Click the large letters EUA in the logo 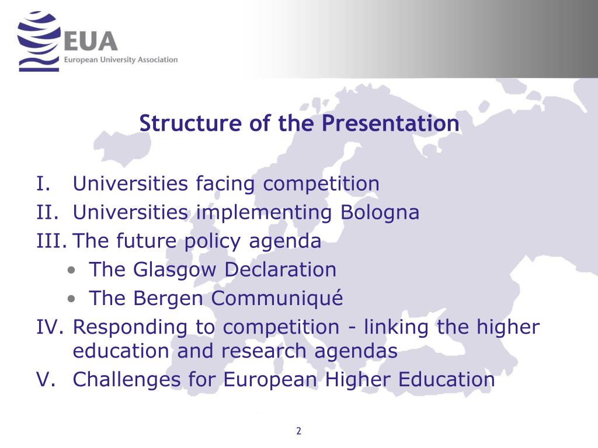coord(92,41)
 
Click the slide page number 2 coord(298,431)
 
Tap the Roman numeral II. coord(46,212)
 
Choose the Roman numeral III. coord(50,241)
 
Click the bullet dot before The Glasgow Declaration coord(71,271)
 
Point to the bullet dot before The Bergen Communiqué coord(71,299)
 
